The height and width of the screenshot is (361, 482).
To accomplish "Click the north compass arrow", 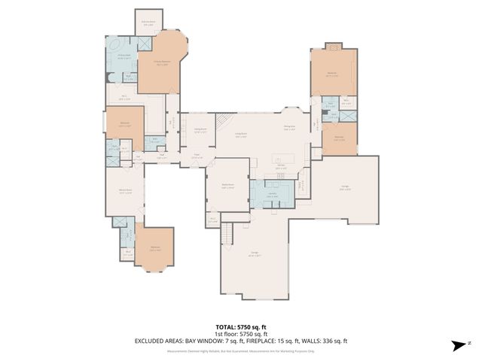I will click(456, 345).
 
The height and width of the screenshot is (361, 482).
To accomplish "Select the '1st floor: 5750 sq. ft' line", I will click(241, 335).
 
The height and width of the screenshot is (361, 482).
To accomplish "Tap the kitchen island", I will click(285, 159).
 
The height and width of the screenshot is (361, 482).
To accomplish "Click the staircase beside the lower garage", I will click(226, 236).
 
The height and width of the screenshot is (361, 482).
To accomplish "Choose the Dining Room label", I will click(200, 129).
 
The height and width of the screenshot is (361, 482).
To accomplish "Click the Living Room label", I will click(242, 135).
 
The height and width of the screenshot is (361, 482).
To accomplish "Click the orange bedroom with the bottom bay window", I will click(156, 249).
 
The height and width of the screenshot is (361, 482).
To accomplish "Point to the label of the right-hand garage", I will click(344, 188).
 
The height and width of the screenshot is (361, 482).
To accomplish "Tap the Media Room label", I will click(227, 185).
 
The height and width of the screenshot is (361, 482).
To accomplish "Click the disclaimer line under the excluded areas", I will click(241, 349).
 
